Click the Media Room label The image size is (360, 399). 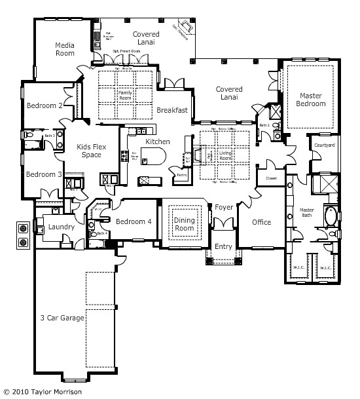click(64, 49)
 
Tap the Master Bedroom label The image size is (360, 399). click(310, 100)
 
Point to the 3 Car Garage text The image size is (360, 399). click(62, 318)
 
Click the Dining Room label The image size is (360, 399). click(185, 225)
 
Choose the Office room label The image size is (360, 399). click(262, 222)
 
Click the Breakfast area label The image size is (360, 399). click(172, 110)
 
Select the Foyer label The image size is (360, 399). click(224, 207)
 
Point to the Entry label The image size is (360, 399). click(223, 246)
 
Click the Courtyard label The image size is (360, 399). click(325, 145)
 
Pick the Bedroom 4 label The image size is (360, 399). click(134, 221)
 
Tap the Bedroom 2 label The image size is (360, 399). click(45, 105)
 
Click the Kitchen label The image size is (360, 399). click(158, 142)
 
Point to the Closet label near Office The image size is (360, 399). click(271, 178)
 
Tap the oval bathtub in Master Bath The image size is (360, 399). click(331, 216)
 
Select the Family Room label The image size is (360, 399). click(125, 97)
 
